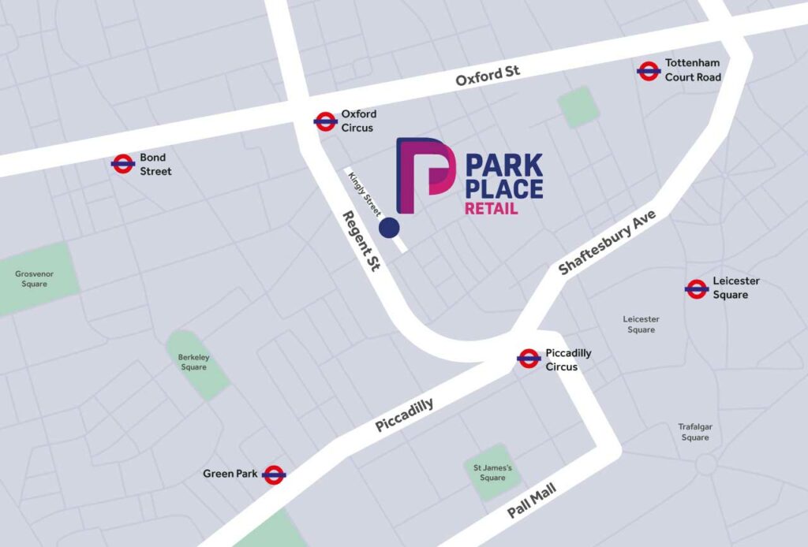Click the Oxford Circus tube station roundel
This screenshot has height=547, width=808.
(325, 121)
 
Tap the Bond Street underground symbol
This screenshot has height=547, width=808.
(122, 164)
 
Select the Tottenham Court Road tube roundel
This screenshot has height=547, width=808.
(648, 71)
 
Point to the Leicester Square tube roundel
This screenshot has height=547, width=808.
(696, 288)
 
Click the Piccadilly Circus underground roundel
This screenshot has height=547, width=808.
(529, 359)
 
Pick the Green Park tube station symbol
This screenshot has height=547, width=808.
(274, 474)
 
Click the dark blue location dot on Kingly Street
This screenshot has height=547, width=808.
(389, 228)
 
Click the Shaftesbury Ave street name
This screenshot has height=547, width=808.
(608, 243)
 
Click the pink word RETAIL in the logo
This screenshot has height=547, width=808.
(491, 209)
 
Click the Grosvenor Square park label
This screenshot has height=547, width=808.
(32, 279)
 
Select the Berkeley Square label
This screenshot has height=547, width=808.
(193, 362)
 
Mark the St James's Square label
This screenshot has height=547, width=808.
(492, 473)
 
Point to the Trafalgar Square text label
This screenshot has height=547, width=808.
(695, 432)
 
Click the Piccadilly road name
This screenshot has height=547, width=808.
(404, 415)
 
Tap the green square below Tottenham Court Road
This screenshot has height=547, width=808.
(578, 106)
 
